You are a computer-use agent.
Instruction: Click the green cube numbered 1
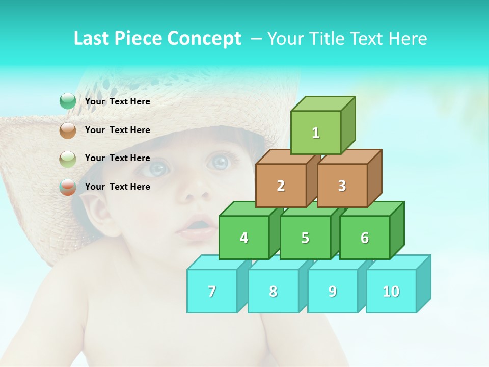[x=316, y=133]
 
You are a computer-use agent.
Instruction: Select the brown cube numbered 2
[x=281, y=186]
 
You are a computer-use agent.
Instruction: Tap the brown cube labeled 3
[x=342, y=186]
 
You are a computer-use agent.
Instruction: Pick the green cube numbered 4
[x=244, y=238]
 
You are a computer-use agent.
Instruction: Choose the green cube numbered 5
[x=305, y=238]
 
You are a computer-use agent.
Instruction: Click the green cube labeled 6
[x=365, y=238]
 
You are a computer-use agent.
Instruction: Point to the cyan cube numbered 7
[x=212, y=291]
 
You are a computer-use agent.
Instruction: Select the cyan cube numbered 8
[x=273, y=291]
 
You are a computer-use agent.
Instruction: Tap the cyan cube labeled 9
[x=333, y=291]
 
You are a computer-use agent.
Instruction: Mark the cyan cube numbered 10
[x=391, y=291]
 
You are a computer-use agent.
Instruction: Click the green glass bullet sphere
[x=68, y=101]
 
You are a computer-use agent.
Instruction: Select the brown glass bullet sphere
[x=68, y=130]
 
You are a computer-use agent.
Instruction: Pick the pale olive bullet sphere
[x=68, y=159]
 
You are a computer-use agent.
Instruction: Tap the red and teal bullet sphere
[x=68, y=187]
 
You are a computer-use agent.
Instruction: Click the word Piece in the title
[x=139, y=39]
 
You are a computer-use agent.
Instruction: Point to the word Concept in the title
[x=204, y=39]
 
